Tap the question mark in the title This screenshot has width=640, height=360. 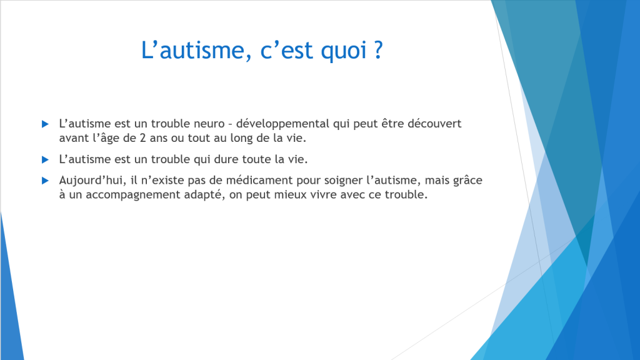[x=378, y=49]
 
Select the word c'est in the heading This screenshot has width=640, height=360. [x=286, y=50]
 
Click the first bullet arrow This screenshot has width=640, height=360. [x=45, y=124]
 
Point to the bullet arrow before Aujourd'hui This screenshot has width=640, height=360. [x=45, y=181]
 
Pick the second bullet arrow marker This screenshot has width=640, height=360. [x=45, y=159]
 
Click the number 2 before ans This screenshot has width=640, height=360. [x=143, y=138]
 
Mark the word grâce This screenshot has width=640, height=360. [x=467, y=181]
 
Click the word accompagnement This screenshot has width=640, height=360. [x=133, y=196]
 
